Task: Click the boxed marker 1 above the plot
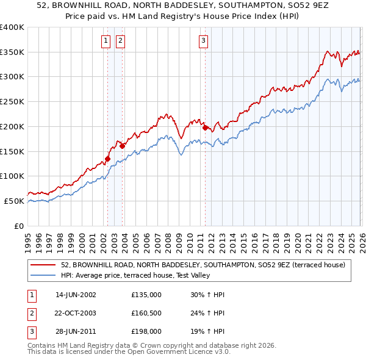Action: click(x=106, y=41)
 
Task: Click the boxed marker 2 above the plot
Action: click(x=120, y=41)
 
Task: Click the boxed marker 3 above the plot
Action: click(x=203, y=41)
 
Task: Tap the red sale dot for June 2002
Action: click(x=108, y=159)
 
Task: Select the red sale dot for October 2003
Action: click(x=123, y=146)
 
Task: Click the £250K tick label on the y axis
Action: click(x=12, y=102)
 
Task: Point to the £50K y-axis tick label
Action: click(x=15, y=201)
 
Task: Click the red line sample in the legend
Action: click(x=43, y=265)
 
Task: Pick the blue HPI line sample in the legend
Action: click(x=43, y=276)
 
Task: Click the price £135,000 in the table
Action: click(x=146, y=295)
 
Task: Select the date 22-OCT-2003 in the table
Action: click(x=76, y=313)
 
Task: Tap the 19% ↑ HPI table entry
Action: click(x=207, y=331)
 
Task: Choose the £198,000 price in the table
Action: click(x=146, y=331)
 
